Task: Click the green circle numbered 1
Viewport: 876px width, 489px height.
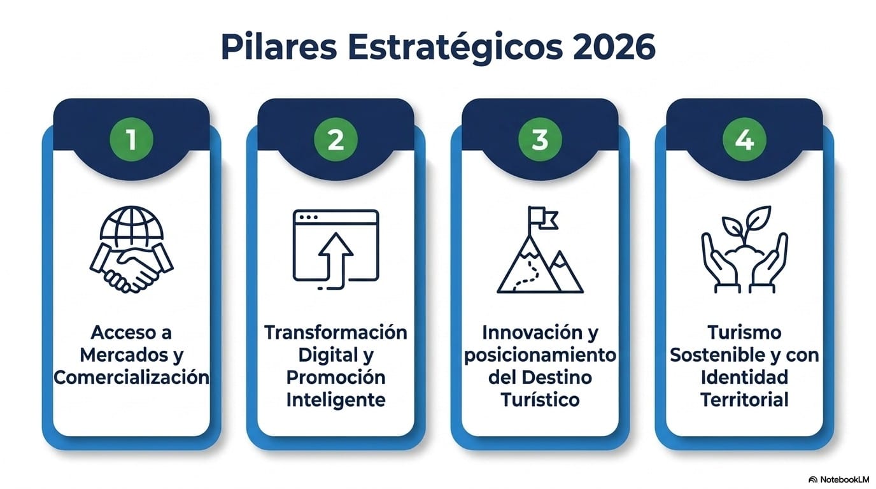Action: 131,139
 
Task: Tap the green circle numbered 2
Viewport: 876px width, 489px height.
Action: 336,139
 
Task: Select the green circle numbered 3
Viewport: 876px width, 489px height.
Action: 540,139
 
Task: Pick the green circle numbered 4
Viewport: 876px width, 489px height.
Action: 744,139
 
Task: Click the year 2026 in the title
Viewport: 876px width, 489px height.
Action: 614,47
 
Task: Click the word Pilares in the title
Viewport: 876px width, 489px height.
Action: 279,47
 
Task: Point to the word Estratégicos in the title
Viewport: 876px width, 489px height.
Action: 455,48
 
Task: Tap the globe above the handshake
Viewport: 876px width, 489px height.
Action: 131,223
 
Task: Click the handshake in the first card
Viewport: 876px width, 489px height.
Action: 131,268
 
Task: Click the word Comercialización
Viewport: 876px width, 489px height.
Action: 131,378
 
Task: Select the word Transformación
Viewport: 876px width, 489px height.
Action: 336,332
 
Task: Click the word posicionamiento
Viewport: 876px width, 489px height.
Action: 540,355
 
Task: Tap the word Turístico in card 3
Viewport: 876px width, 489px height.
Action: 540,400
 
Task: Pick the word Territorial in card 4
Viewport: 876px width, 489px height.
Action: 744,400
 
